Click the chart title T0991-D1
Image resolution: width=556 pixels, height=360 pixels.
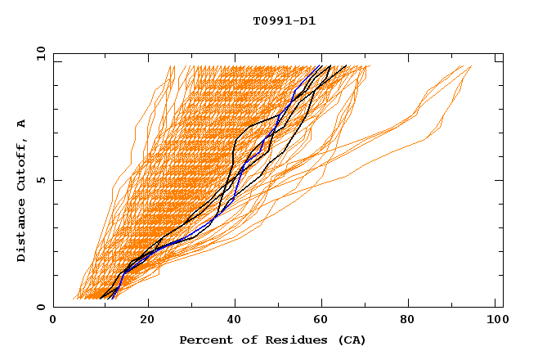point(284,20)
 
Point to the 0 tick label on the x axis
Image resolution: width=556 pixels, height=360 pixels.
point(53,322)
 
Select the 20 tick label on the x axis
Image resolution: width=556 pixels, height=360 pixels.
point(147,322)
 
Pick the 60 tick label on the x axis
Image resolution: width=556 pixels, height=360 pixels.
point(325,322)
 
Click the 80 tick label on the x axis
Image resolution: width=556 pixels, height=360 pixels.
point(415,322)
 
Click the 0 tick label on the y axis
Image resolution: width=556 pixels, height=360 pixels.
point(39,308)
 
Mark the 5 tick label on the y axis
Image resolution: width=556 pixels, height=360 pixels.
point(39,181)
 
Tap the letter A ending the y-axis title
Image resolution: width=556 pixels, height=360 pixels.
point(22,123)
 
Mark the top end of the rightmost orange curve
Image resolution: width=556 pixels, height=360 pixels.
point(471,66)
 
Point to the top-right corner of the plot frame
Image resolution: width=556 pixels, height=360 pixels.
point(503,54)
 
